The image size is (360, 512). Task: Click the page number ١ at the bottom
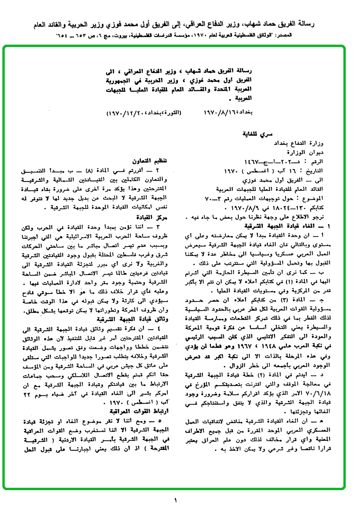click(175, 500)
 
